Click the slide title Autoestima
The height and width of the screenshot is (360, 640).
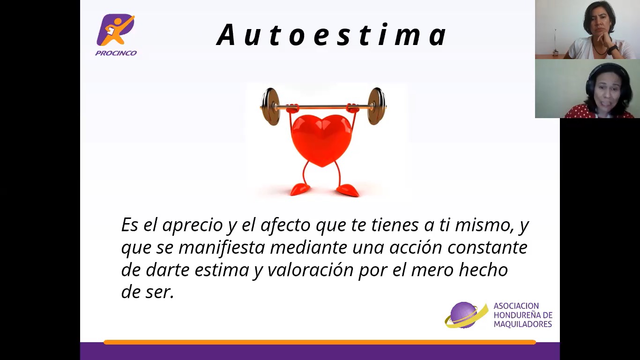pyautogui.click(x=332, y=35)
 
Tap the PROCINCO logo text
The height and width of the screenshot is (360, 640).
pyautogui.click(x=116, y=53)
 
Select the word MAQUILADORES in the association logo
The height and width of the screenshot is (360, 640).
pyautogui.click(x=523, y=324)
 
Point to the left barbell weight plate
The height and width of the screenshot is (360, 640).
pyautogui.click(x=270, y=107)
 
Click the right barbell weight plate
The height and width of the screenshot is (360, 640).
pyautogui.click(x=376, y=106)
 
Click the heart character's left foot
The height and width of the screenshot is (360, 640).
pyautogui.click(x=300, y=189)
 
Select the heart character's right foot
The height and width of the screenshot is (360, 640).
pyautogui.click(x=347, y=190)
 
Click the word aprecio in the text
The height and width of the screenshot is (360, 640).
pyautogui.click(x=193, y=225)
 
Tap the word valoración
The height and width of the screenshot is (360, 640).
pyautogui.click(x=310, y=270)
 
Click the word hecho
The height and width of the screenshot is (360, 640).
pyautogui.click(x=483, y=270)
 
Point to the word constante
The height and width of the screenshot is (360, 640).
pyautogui.click(x=487, y=247)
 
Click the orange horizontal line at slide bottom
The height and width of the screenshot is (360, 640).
pyautogui.click(x=320, y=342)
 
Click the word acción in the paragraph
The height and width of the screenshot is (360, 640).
pyautogui.click(x=416, y=247)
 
